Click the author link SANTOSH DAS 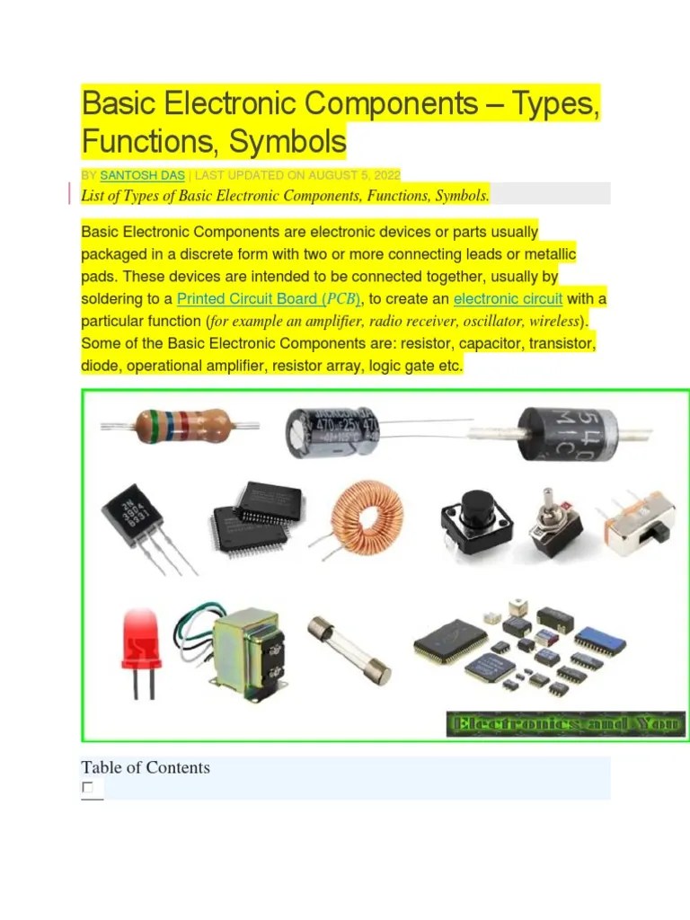tap(142, 175)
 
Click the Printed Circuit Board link tap(268, 299)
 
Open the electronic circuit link tap(508, 299)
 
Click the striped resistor tap(181, 425)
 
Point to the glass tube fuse tap(349, 650)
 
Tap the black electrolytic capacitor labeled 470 tap(332, 430)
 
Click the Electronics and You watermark tap(565, 724)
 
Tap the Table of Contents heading tap(146, 767)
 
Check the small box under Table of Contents tap(87, 788)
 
